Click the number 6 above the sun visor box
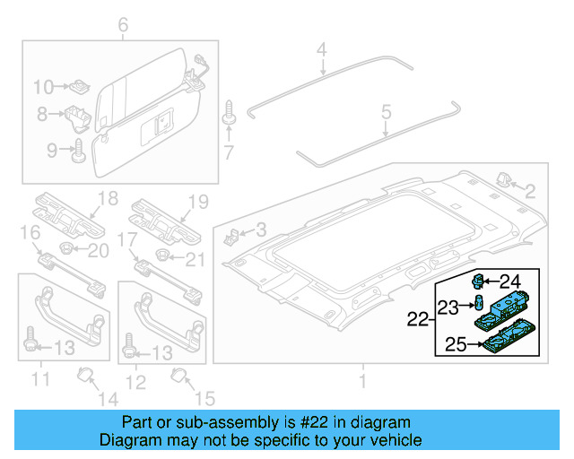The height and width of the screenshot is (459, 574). [x=124, y=25]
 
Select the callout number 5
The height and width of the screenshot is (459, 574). [x=386, y=112]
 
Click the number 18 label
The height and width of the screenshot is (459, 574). [x=108, y=199]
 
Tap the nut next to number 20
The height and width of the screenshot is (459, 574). [x=65, y=247]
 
